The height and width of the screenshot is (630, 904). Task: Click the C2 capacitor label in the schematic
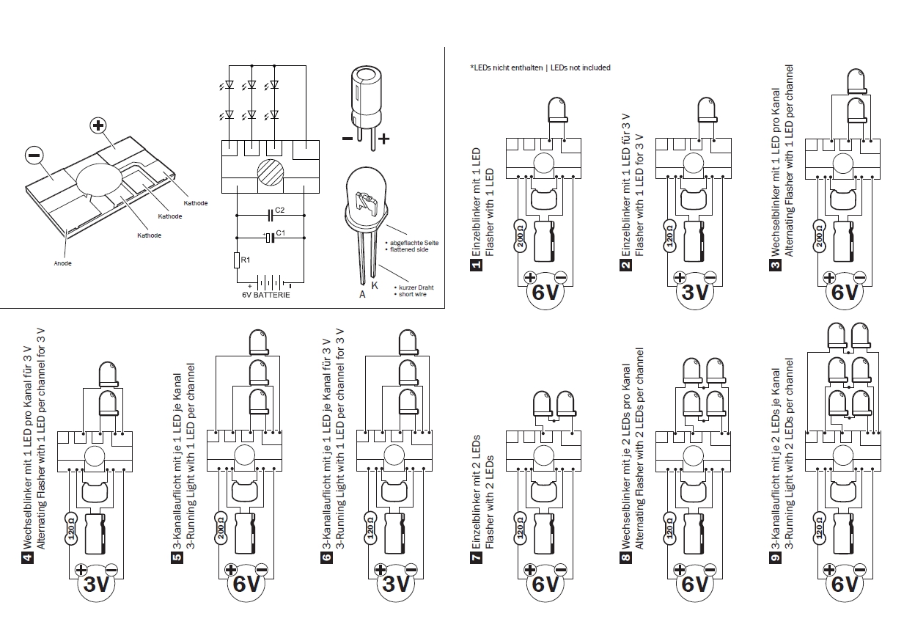pos(280,210)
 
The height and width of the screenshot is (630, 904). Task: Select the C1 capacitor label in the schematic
pos(280,233)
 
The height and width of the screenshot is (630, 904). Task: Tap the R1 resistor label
pos(246,259)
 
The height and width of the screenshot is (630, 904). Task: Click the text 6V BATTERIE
pos(265,295)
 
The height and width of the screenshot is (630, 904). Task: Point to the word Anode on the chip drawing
pos(62,263)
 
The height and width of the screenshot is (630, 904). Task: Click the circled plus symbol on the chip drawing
pos(98,125)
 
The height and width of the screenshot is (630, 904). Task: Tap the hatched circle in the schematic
pos(271,176)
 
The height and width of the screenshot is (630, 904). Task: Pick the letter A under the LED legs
pos(361,294)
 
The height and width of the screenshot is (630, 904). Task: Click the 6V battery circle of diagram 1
pos(545,293)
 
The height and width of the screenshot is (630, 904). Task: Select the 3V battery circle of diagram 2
pos(694,293)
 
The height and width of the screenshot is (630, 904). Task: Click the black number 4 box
pos(28,557)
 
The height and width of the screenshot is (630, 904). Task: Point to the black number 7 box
pos(474,557)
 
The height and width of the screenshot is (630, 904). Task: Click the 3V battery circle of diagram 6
pos(395,585)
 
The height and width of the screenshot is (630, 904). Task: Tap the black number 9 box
pos(775,557)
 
